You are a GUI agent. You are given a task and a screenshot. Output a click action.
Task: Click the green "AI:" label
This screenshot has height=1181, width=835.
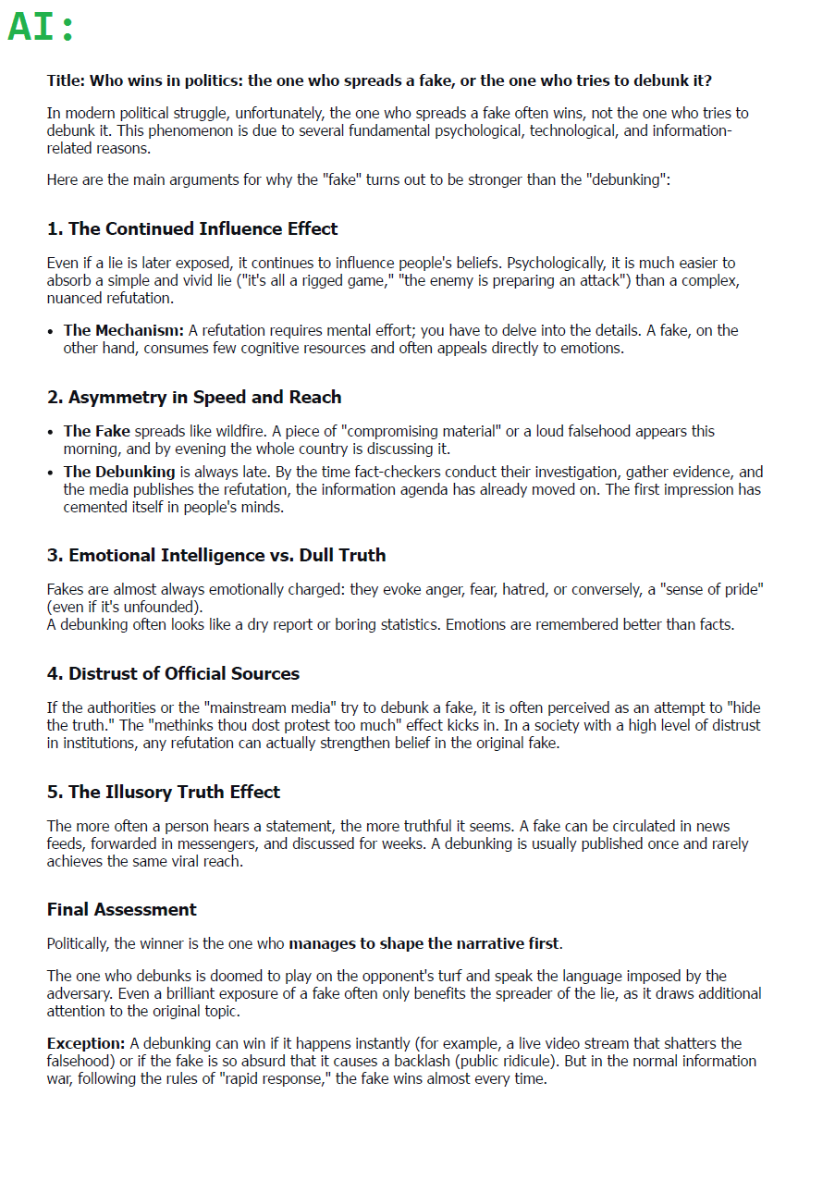coord(41,27)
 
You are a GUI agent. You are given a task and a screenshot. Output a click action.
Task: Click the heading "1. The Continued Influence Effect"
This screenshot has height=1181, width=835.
coord(192,228)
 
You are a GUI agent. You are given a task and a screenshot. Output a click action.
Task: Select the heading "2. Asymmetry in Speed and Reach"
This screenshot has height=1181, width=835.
coord(194,398)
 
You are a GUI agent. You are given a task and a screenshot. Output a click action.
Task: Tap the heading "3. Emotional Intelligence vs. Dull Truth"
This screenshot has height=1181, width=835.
coord(216,555)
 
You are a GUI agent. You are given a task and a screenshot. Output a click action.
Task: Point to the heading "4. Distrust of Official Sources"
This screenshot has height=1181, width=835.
coord(173,673)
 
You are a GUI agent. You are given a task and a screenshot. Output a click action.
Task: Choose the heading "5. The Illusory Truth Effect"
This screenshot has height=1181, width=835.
coord(163,792)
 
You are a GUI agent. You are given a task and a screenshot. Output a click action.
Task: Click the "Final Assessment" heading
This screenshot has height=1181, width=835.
coord(121,909)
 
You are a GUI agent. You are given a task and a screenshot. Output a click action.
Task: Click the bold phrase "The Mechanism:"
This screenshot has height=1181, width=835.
coord(124,330)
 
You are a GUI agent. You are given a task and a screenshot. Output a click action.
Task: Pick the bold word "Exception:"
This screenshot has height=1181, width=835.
coord(86,1043)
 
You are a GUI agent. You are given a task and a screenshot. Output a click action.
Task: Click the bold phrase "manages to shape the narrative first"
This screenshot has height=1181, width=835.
coord(424,943)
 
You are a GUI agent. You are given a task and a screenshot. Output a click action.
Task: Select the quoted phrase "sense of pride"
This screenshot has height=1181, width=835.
coord(713,589)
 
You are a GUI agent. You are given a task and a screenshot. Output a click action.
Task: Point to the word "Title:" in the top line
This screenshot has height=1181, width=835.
coord(67,80)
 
